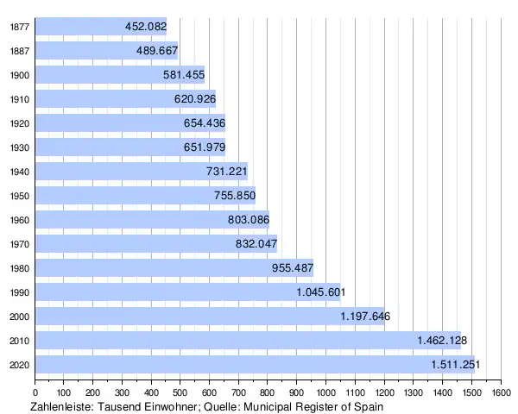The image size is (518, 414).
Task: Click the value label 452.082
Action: pos(145,27)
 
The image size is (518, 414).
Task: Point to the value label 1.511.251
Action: pos(453,365)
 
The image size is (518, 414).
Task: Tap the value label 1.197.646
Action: pos(365,317)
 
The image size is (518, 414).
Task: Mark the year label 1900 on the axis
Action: pos(19,75)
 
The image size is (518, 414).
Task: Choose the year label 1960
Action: pos(19,220)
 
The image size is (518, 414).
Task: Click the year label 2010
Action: pos(19,341)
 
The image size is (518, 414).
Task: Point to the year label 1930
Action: pos(19,147)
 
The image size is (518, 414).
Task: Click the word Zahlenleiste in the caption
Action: pos(61,405)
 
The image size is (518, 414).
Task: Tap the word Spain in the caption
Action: pos(367,405)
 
